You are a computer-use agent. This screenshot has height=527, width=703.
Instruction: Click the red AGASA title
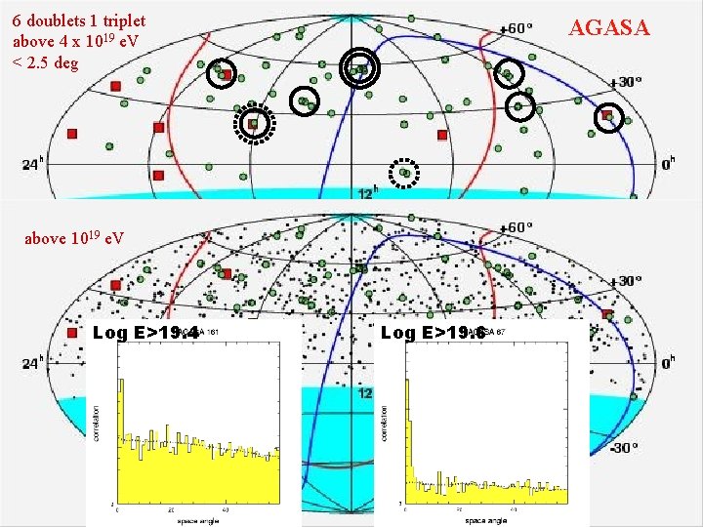tap(609, 27)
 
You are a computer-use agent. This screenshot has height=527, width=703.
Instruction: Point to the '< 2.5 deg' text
tap(45, 63)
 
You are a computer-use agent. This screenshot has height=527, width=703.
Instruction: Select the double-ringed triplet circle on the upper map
tap(361, 67)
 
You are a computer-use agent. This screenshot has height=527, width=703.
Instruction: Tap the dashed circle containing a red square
tap(254, 123)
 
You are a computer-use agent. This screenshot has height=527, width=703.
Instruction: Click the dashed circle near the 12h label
tap(404, 173)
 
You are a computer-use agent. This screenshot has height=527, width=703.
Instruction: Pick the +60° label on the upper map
tap(516, 27)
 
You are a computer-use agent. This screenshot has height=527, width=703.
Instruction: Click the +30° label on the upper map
tap(626, 82)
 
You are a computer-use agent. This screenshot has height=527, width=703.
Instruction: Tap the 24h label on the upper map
tap(31, 165)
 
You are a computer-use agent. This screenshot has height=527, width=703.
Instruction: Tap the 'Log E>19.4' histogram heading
tap(136, 333)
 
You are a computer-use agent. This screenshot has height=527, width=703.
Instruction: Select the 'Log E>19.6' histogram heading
tap(424, 333)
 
